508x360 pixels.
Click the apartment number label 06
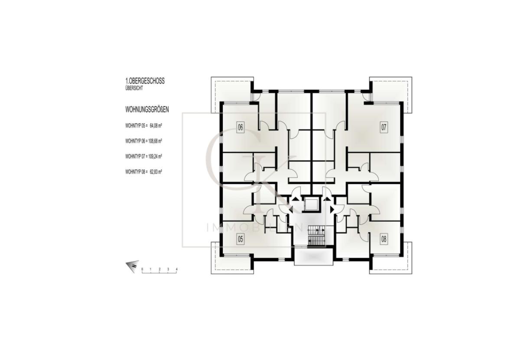pyautogui.click(x=240, y=127)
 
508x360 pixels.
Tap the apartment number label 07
pyautogui.click(x=384, y=127)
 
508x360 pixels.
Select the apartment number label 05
pyautogui.click(x=240, y=239)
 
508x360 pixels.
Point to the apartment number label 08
pyautogui.click(x=384, y=239)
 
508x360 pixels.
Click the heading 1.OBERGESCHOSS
pyautogui.click(x=145, y=81)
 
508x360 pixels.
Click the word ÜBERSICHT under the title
pyautogui.click(x=134, y=88)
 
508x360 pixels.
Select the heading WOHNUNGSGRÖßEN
pyautogui.click(x=147, y=110)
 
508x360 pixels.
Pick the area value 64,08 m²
pyautogui.click(x=156, y=126)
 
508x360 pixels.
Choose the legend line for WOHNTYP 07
pyautogui.click(x=143, y=156)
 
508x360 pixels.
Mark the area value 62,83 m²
pyautogui.click(x=156, y=172)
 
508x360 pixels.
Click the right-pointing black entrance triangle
pyautogui.click(x=332, y=209)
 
